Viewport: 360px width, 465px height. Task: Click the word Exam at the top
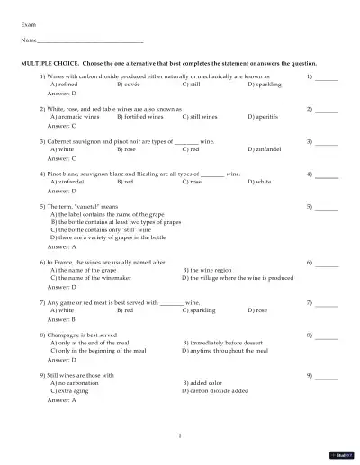click(28, 23)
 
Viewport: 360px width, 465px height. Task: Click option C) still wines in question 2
click(202, 117)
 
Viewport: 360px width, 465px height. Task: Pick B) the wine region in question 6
click(212, 269)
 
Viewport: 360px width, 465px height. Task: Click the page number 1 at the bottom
click(180, 435)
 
